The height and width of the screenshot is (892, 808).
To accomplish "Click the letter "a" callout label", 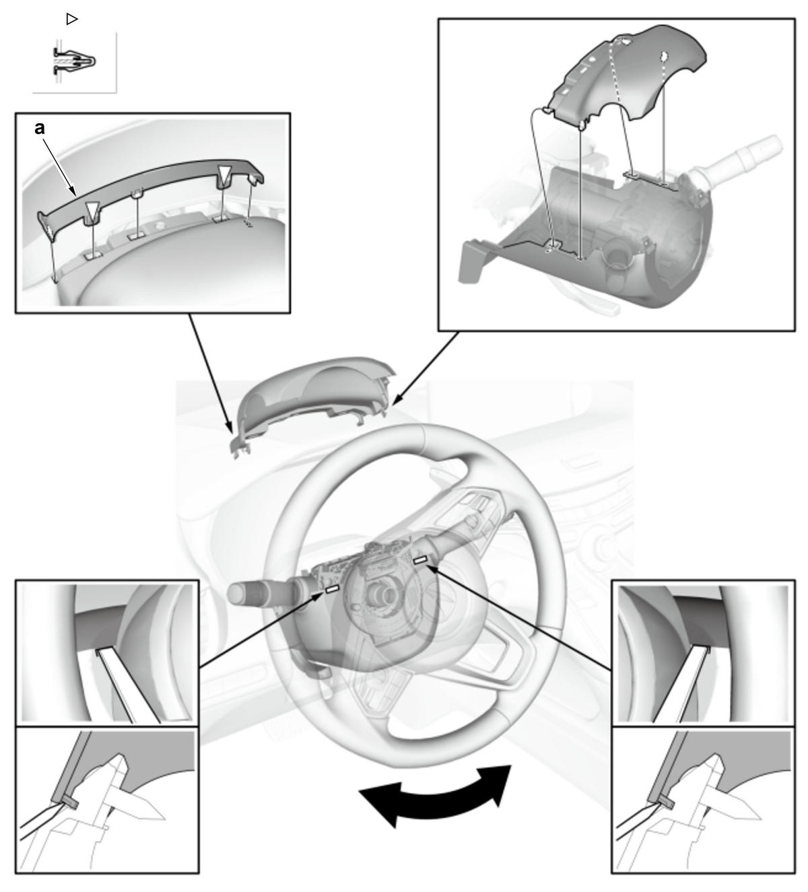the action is [x=40, y=129].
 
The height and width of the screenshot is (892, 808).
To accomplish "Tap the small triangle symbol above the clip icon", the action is [x=71, y=20].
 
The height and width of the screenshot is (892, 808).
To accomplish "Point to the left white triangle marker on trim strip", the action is [x=92, y=211].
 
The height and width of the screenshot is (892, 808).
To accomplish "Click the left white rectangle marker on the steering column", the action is [x=332, y=589].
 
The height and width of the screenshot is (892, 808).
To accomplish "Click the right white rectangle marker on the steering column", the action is [x=420, y=561].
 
